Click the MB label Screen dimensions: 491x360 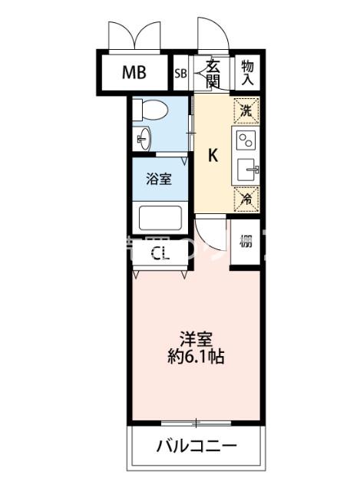134,74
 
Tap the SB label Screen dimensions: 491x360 180,74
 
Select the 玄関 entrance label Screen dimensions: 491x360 213,74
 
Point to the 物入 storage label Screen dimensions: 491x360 247,73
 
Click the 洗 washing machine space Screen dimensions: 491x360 246,110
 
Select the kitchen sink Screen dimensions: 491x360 247,170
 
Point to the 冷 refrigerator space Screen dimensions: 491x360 246,198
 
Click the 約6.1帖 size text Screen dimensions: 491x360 197,357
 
